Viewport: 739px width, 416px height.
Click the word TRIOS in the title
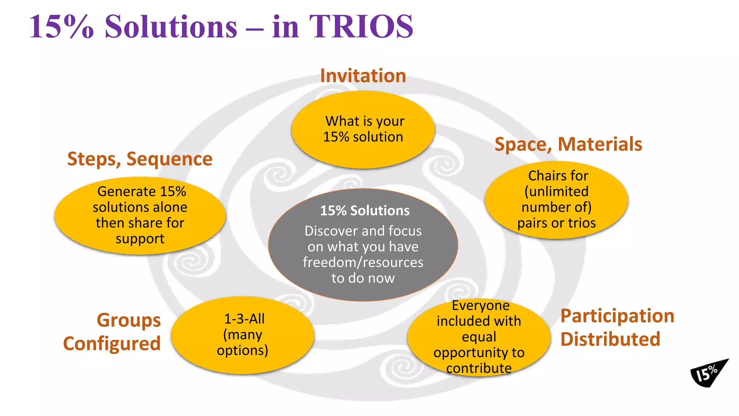(x=361, y=26)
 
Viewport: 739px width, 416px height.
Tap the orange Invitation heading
(x=363, y=76)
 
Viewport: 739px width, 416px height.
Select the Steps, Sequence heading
(x=140, y=159)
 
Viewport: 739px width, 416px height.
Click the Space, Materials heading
(x=568, y=144)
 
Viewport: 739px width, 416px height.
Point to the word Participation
(x=617, y=316)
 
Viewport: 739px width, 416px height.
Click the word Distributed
(x=610, y=339)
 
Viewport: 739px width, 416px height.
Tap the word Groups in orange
(x=128, y=320)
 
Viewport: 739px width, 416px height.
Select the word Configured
(x=112, y=343)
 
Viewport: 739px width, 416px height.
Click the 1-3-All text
(x=244, y=319)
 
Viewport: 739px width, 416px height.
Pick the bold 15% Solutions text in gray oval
(x=365, y=211)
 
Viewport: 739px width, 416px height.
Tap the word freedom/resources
(x=363, y=263)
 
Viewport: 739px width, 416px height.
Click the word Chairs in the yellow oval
(x=544, y=176)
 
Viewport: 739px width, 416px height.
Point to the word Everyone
(x=481, y=305)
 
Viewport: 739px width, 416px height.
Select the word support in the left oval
(x=140, y=239)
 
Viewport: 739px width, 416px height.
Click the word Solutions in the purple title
(x=171, y=26)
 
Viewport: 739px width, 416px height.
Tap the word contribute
(x=479, y=368)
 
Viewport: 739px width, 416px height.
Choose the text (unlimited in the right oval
(x=556, y=191)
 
